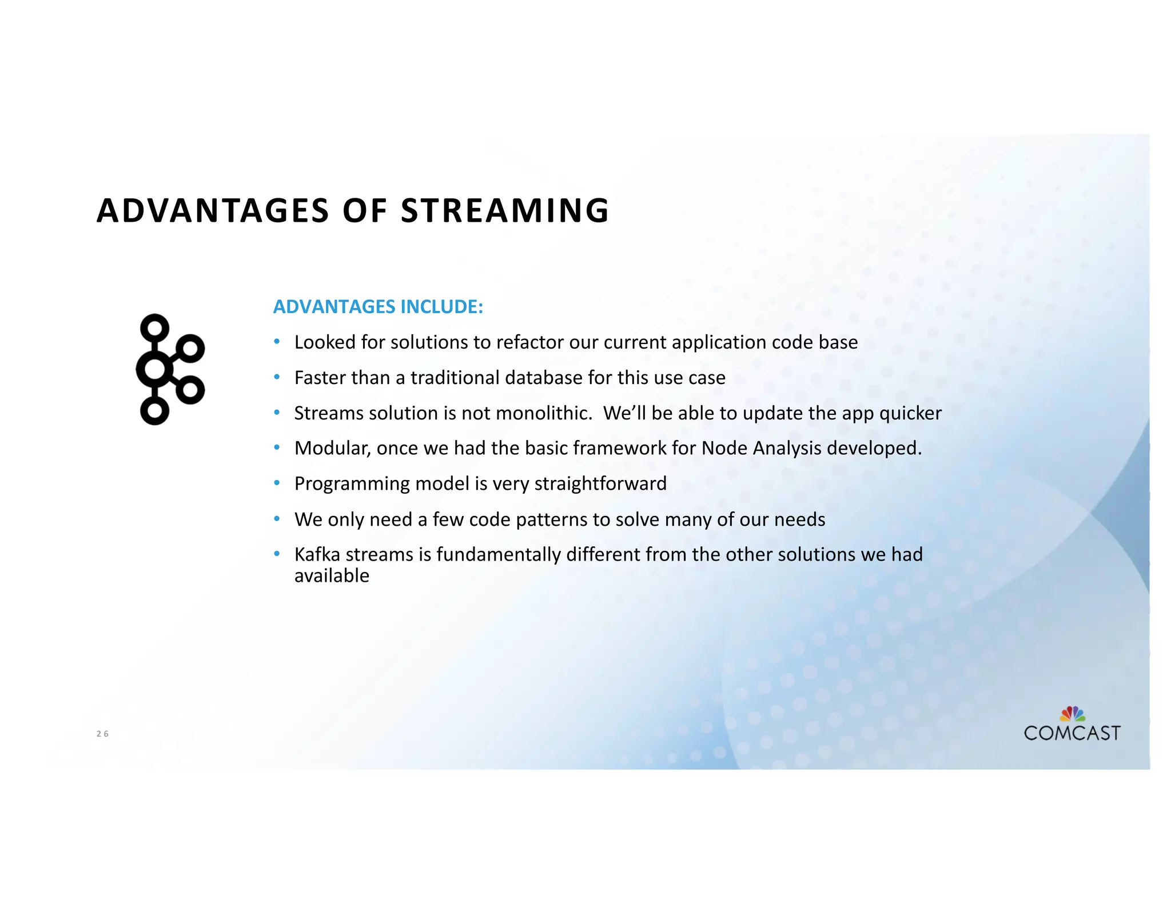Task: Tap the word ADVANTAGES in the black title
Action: (213, 210)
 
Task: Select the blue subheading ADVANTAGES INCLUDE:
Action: (378, 307)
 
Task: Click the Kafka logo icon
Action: (170, 369)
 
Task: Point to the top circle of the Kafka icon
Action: (154, 328)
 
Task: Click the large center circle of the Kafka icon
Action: (154, 369)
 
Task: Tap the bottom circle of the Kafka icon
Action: (154, 410)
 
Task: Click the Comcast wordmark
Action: (1072, 733)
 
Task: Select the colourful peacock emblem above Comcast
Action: (1072, 714)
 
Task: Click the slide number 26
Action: (102, 734)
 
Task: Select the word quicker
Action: (910, 414)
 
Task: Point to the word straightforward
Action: (600, 484)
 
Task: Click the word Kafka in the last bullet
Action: (317, 554)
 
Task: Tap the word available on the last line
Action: (332, 576)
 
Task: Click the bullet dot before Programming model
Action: (277, 483)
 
